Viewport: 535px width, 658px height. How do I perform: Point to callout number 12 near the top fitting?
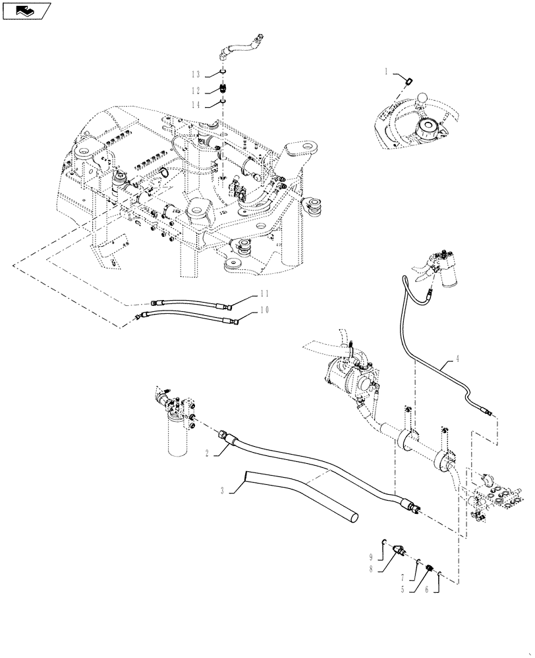195,89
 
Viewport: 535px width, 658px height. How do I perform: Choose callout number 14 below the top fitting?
195,104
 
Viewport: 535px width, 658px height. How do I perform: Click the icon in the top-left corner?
26,10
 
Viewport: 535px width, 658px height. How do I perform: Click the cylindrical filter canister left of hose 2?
179,438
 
